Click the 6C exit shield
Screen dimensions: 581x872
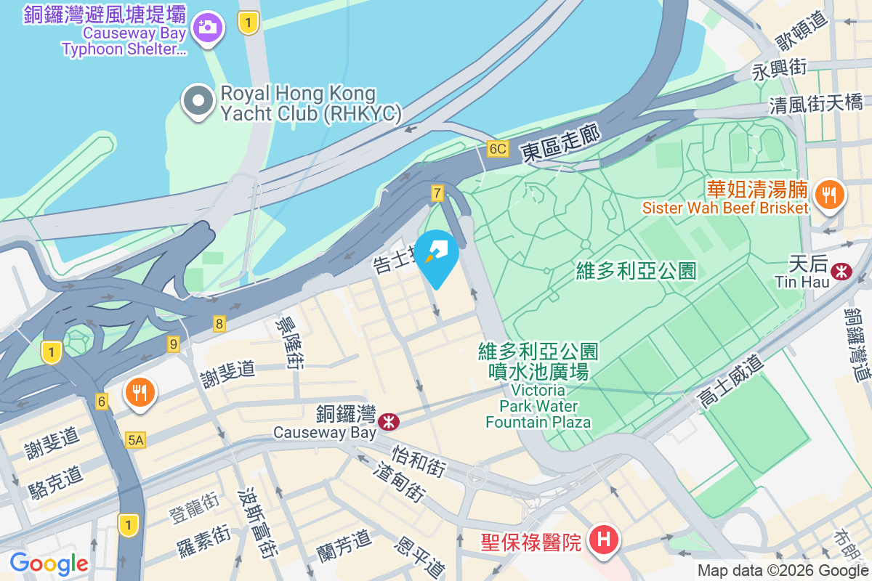coord(497,149)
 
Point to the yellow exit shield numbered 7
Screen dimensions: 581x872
coord(437,193)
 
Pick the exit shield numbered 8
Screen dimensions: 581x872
coord(219,324)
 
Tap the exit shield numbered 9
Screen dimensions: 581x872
coord(173,344)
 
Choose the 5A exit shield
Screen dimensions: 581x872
coord(136,439)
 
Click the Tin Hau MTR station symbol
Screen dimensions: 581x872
coord(842,272)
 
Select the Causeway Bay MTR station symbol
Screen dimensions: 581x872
coord(389,420)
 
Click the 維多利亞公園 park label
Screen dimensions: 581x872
coord(637,272)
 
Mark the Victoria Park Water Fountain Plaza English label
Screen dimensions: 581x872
coord(538,406)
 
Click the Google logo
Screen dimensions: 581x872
coord(49,563)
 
